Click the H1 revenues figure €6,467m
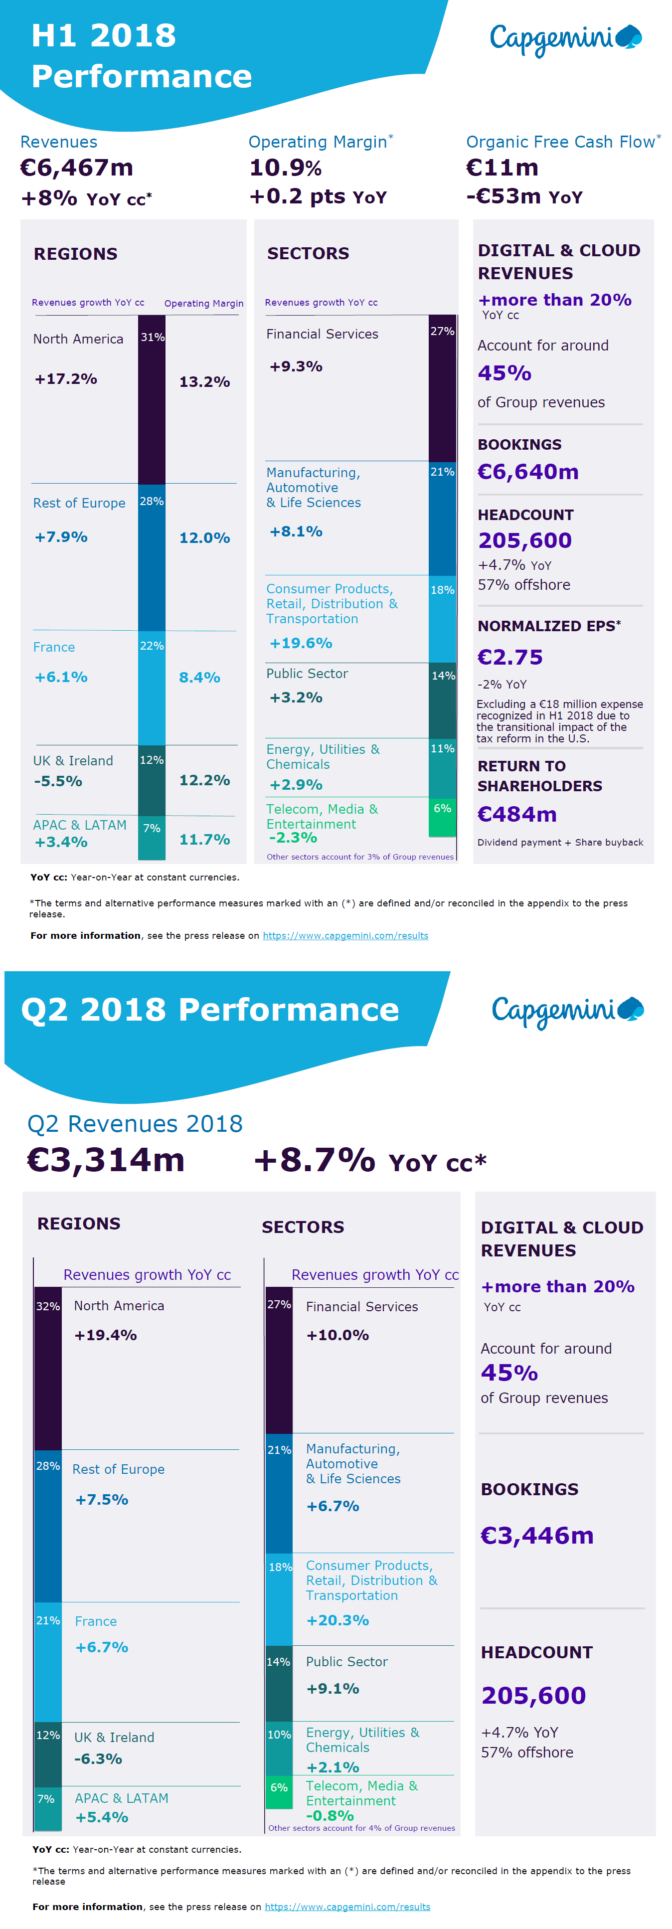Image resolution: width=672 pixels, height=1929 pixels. pos(76,168)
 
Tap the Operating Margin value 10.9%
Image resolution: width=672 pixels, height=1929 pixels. pos(285,168)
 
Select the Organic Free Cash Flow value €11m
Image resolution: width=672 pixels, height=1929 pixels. pos(502,168)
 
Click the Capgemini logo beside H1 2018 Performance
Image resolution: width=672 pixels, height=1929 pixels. pos(565,39)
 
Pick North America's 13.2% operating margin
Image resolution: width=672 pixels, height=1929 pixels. pos(204,382)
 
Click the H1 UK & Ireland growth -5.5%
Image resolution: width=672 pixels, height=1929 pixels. pos(58,781)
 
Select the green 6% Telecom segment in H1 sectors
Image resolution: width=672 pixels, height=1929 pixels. pos(442,816)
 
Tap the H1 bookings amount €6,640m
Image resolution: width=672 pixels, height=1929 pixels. pos(527,472)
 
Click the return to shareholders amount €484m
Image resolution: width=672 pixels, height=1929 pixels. pos(516,814)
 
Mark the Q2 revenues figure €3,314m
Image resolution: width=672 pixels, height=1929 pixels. pos(106,1160)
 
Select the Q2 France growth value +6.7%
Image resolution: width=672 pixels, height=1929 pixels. pos(101,1647)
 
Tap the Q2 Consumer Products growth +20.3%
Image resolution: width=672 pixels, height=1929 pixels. pos(337,1620)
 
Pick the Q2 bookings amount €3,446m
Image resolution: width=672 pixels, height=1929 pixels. pos(536,1535)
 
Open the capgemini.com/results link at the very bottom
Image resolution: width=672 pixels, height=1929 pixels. pos(347,1907)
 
